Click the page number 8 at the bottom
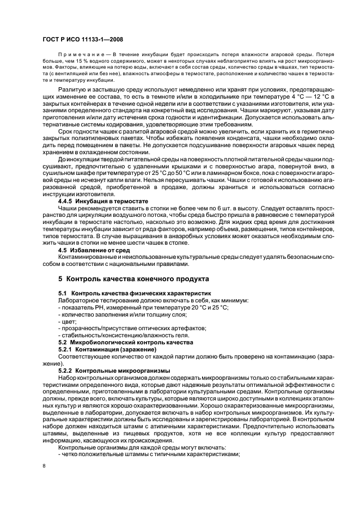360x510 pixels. pos(44,465)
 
